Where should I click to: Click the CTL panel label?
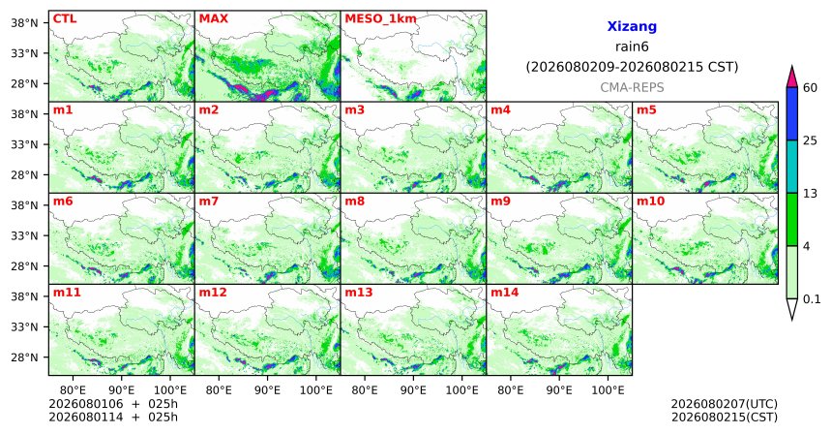(x=65, y=19)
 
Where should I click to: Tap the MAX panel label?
(x=213, y=19)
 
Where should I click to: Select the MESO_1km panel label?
(x=380, y=19)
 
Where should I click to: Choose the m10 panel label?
(x=650, y=201)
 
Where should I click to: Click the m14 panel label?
(x=505, y=293)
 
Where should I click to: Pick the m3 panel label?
(x=354, y=110)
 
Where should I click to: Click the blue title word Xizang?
(x=632, y=26)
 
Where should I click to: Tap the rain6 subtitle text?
(x=632, y=46)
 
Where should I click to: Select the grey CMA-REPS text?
(x=632, y=87)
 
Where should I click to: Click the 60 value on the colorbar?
(x=811, y=88)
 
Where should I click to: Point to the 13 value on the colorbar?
(x=810, y=194)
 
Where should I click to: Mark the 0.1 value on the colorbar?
(x=812, y=299)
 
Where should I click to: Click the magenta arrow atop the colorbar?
(x=792, y=77)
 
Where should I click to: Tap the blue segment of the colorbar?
(x=792, y=113)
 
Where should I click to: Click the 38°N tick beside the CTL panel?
(x=24, y=23)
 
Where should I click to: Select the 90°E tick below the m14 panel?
(x=559, y=390)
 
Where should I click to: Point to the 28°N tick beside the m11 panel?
(x=24, y=356)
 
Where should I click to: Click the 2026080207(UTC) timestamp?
(x=725, y=405)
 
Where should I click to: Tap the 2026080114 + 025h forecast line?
(x=113, y=417)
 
